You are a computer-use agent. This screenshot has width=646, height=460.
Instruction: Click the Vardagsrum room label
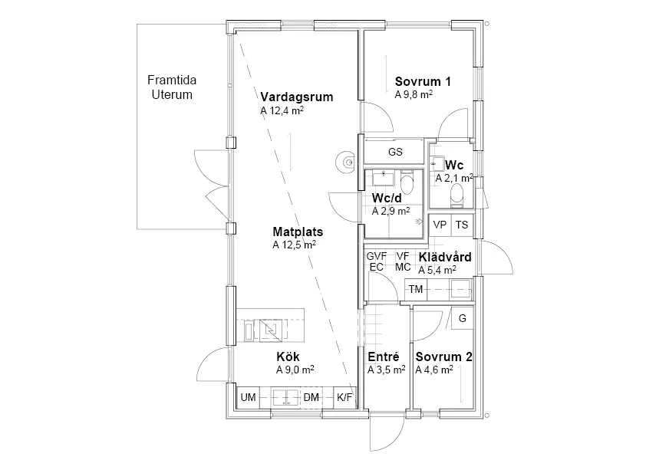pyautogui.click(x=297, y=97)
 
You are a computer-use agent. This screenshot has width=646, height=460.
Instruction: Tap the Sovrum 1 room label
pyautogui.click(x=423, y=81)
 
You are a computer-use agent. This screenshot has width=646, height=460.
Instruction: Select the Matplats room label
pyautogui.click(x=298, y=232)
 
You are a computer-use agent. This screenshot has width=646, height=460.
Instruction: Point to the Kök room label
pyautogui.click(x=288, y=356)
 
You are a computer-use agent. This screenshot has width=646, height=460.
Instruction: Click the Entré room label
pyautogui.click(x=384, y=356)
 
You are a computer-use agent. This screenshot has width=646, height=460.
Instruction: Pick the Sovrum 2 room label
pyautogui.click(x=443, y=356)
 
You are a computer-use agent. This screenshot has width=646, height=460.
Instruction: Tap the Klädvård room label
pyautogui.click(x=445, y=257)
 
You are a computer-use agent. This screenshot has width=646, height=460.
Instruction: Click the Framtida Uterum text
pyautogui.click(x=172, y=87)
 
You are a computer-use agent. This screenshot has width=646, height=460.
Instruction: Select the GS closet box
pyautogui.click(x=394, y=152)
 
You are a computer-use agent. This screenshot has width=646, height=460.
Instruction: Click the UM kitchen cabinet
pyautogui.click(x=248, y=397)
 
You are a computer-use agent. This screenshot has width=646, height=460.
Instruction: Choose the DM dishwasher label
pyautogui.click(x=311, y=397)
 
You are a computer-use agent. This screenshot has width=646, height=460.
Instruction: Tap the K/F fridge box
pyautogui.click(x=344, y=397)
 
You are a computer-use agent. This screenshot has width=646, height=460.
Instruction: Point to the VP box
pyautogui.click(x=440, y=225)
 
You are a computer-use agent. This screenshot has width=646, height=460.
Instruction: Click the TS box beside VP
pyautogui.click(x=463, y=225)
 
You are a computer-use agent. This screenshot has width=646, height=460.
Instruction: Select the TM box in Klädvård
pyautogui.click(x=416, y=289)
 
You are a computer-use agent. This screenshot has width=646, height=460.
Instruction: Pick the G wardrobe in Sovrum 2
pyautogui.click(x=463, y=318)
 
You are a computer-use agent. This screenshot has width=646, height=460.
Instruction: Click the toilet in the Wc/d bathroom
pyautogui.click(x=407, y=185)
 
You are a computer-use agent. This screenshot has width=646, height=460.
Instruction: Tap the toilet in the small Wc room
pyautogui.click(x=457, y=195)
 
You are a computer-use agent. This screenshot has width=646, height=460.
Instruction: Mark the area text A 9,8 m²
pyautogui.click(x=414, y=94)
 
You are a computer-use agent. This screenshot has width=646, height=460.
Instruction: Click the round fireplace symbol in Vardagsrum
pyautogui.click(x=346, y=162)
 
